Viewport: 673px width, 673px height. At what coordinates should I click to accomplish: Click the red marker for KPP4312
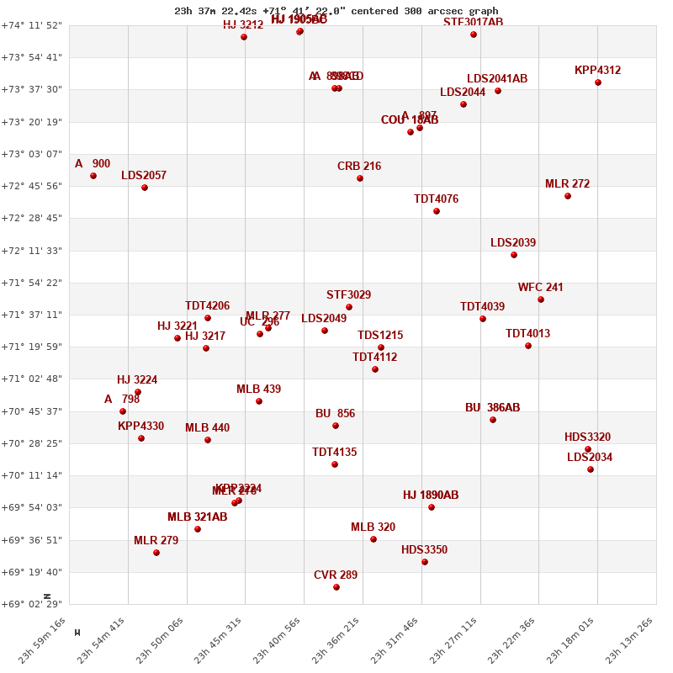pos(598,82)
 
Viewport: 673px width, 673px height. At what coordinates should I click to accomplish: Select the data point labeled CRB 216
pos(360,178)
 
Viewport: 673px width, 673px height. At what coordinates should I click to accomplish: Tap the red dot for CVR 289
pos(336,587)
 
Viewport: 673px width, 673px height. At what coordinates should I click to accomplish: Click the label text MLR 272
pos(567,184)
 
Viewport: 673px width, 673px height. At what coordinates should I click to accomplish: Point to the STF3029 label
pos(348,295)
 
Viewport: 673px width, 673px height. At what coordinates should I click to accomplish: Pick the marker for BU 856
pos(336,426)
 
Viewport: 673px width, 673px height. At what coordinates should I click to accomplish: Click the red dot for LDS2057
pos(145,188)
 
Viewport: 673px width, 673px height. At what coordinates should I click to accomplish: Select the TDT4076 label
pos(436,199)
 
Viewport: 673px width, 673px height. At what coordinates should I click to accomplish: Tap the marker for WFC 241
pos(541,299)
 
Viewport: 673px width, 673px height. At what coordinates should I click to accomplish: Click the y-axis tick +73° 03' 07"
pos(31,154)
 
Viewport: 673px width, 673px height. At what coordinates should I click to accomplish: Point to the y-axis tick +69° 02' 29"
pos(31,604)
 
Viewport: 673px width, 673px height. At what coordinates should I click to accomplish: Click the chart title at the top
pos(336,11)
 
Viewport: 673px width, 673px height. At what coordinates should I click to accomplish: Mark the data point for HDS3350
pos(425,562)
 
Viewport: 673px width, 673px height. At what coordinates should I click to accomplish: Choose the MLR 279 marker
pos(156,553)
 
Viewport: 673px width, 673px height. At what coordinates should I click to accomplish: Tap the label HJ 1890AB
pos(431,495)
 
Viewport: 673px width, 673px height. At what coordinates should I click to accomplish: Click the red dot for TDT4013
pos(528,346)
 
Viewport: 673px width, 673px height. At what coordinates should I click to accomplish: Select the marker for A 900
pos(93,176)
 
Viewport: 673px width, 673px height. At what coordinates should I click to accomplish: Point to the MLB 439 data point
pos(259,401)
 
